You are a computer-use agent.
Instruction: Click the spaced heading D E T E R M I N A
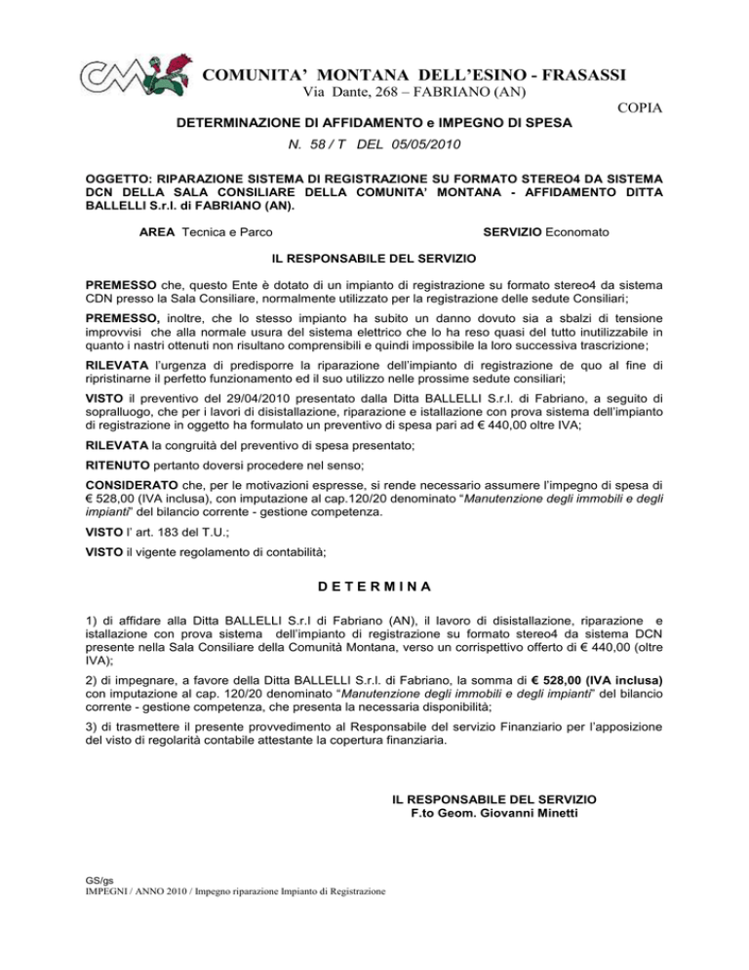point(374,587)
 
